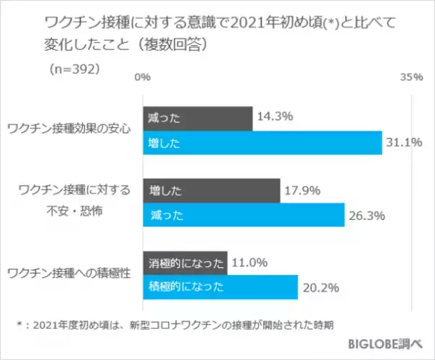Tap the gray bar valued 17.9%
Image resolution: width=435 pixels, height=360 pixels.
pos(211,191)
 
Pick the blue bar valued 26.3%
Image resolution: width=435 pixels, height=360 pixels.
pos(244,215)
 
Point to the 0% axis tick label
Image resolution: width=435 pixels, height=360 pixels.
pos(143,76)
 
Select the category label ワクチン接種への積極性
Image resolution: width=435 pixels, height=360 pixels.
pos(68,274)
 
